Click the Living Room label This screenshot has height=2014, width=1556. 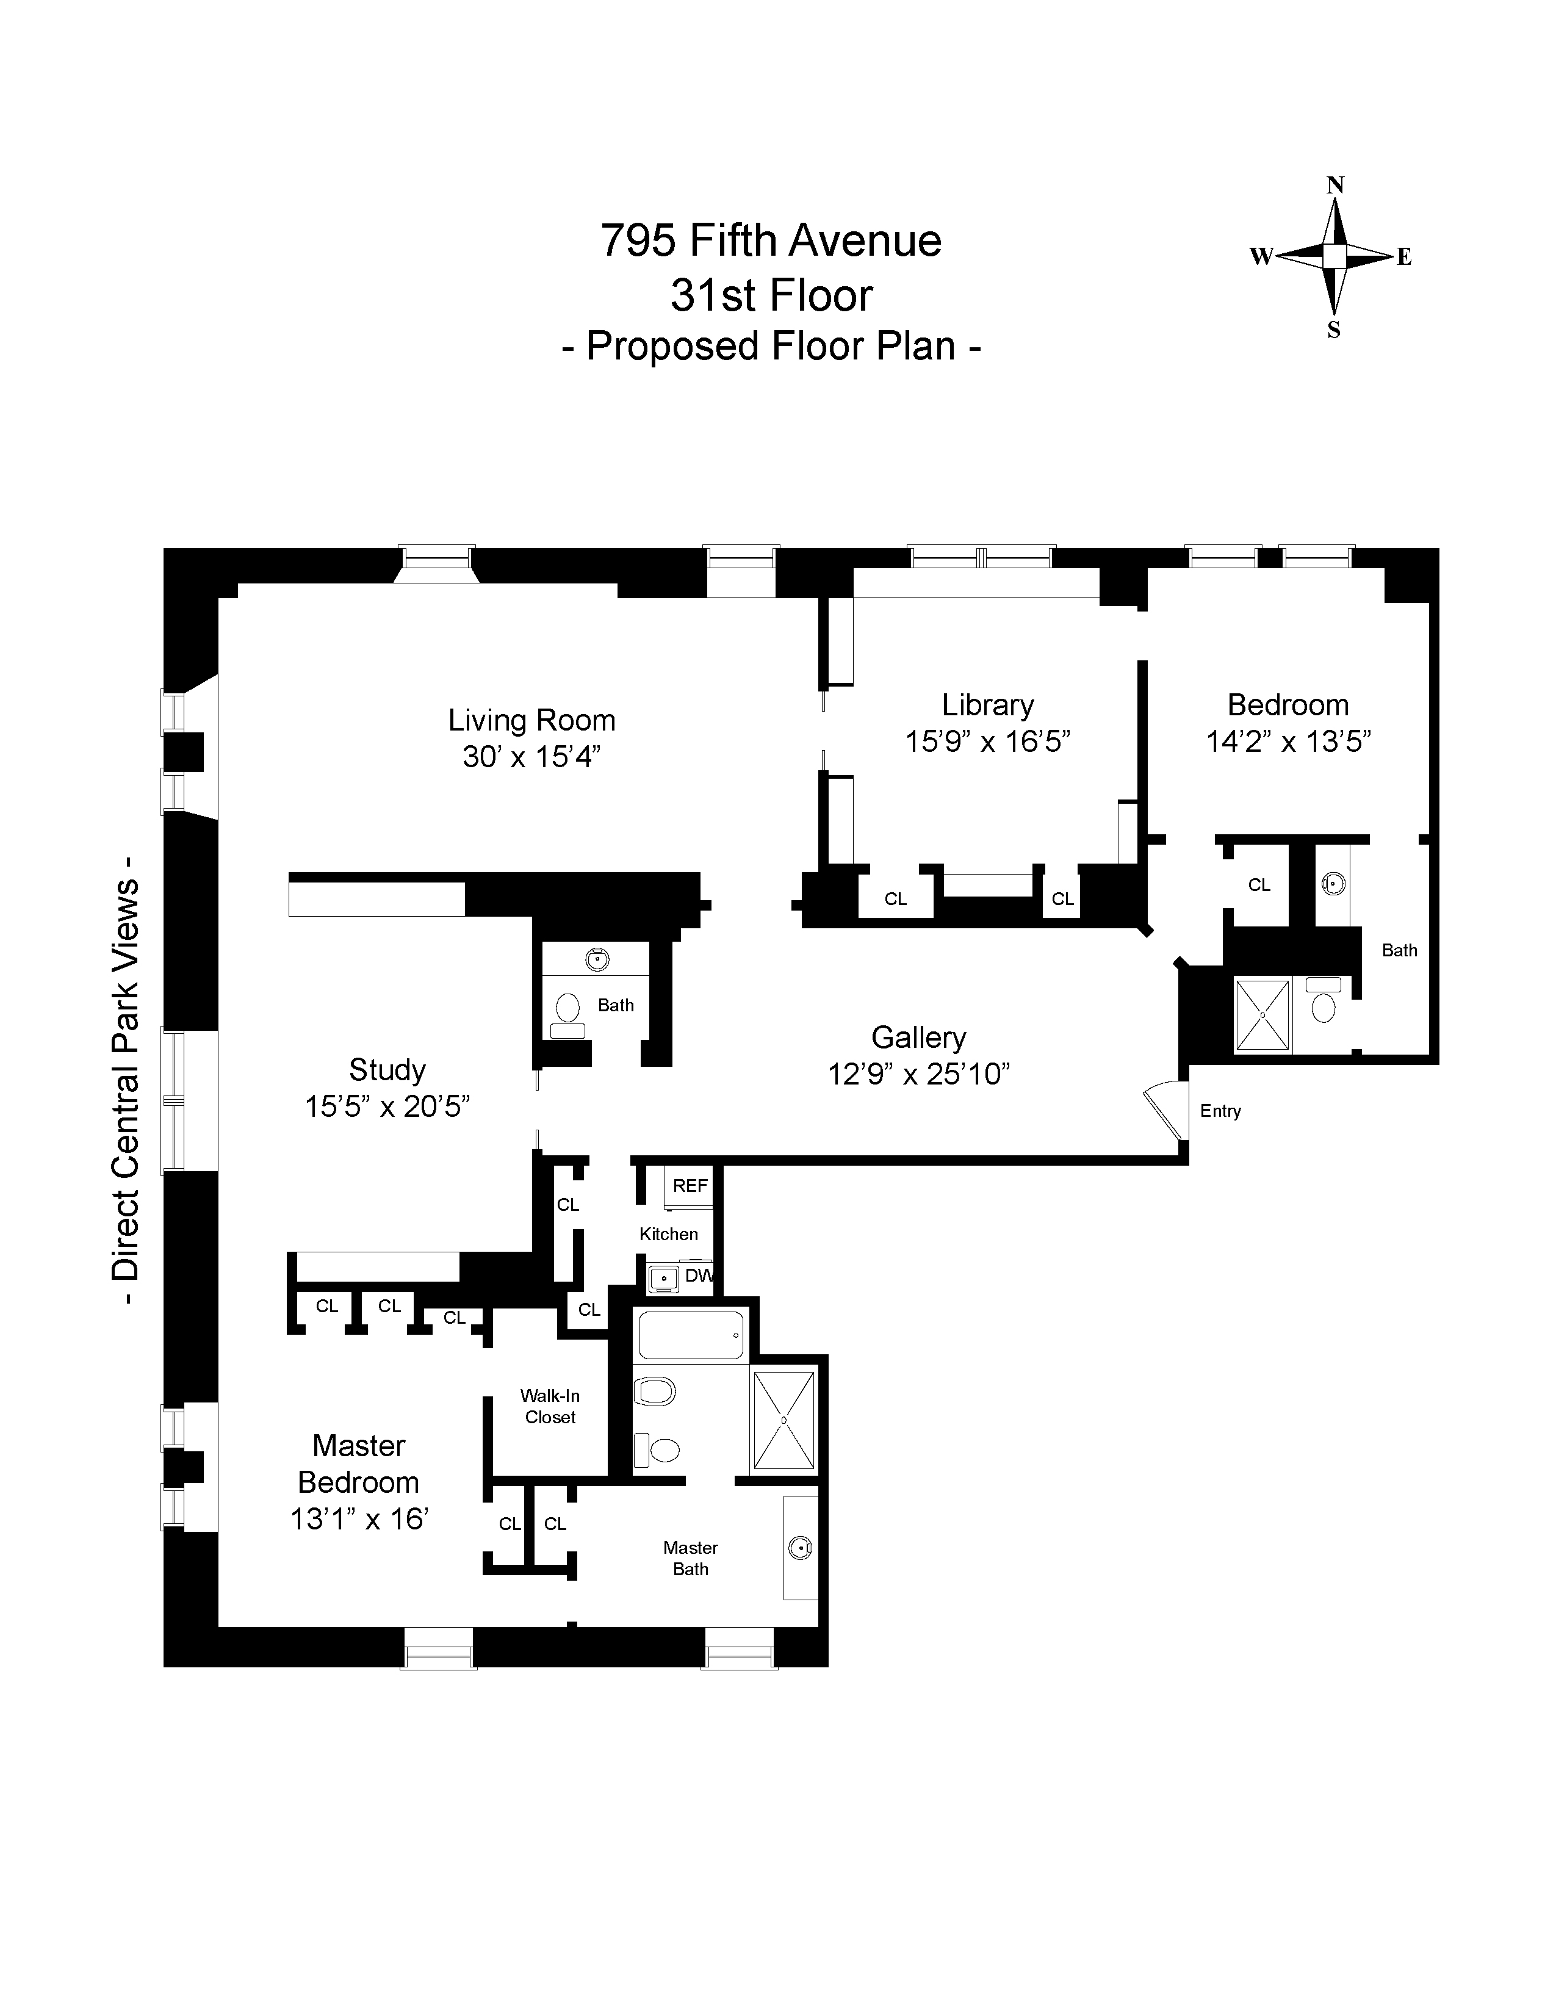pyautogui.click(x=532, y=720)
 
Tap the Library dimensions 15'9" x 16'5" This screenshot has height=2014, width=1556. pyautogui.click(x=987, y=742)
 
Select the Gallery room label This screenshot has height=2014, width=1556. pyautogui.click(x=919, y=1038)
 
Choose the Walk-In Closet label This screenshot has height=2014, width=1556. pyautogui.click(x=550, y=1406)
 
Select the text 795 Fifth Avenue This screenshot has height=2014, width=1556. pyautogui.click(x=771, y=240)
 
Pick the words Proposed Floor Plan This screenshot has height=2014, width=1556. pyautogui.click(x=771, y=347)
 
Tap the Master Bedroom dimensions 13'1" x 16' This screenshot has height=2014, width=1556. pyautogui.click(x=359, y=1519)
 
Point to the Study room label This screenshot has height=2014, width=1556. pyautogui.click(x=387, y=1070)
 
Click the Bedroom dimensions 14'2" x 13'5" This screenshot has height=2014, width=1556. pyautogui.click(x=1289, y=742)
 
